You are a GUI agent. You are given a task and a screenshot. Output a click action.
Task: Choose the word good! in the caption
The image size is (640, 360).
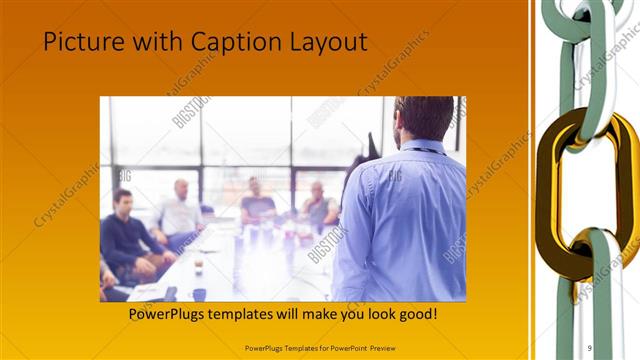[x=414, y=315]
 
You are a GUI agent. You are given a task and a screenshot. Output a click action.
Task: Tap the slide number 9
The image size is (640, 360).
[x=589, y=348]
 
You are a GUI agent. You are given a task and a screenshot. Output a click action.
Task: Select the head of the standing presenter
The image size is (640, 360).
[x=425, y=118]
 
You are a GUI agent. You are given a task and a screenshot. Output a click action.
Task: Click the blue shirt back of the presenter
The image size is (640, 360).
[x=405, y=220]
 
